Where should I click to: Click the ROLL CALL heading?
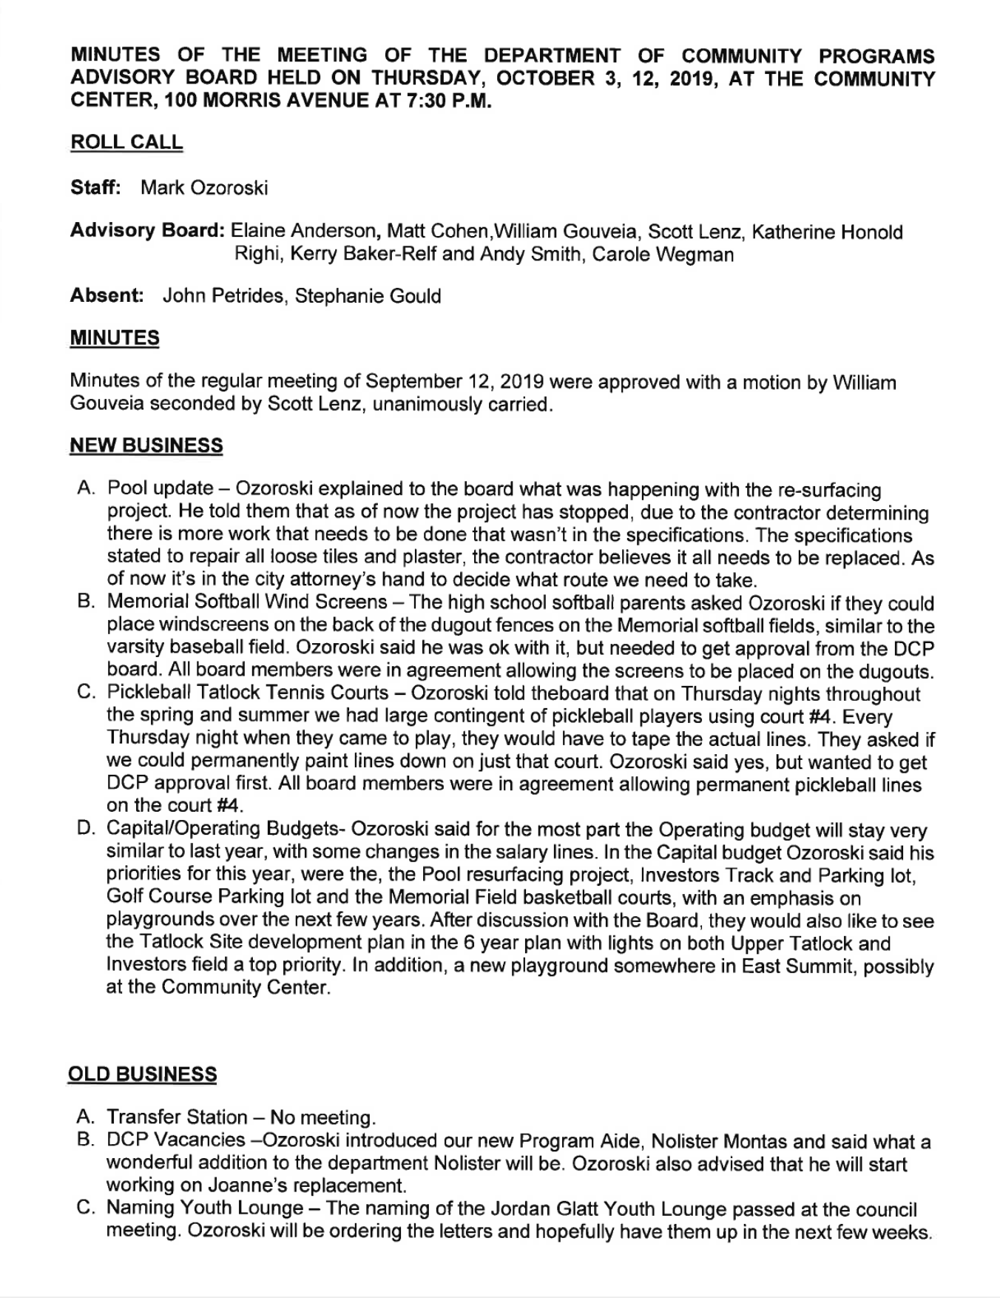[x=126, y=142]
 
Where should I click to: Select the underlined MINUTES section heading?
[x=115, y=338]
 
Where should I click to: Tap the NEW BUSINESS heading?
[x=146, y=445]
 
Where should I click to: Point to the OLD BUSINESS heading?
[x=142, y=1074]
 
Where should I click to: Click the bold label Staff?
[x=95, y=187]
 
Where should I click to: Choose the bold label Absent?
[x=107, y=296]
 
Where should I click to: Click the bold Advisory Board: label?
[x=147, y=232]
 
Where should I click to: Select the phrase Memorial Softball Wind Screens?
[x=247, y=603]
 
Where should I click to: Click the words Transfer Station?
[x=177, y=1117]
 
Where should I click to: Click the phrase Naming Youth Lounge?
[x=205, y=1208]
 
